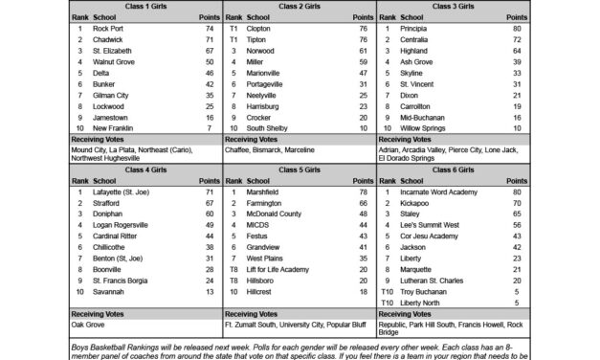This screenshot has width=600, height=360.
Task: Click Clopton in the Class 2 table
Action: (259, 29)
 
